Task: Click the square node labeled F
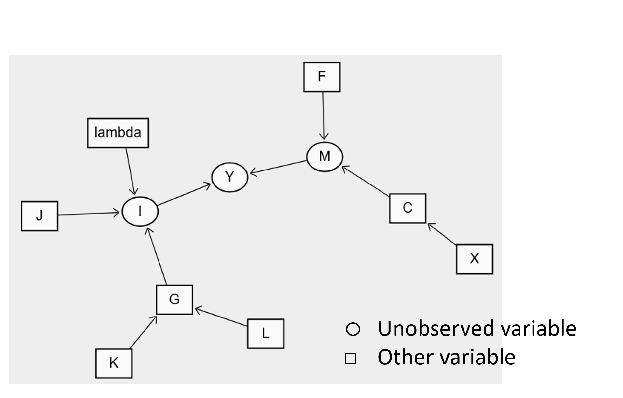pyautogui.click(x=322, y=77)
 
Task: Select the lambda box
pyautogui.click(x=118, y=133)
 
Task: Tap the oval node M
pyautogui.click(x=325, y=157)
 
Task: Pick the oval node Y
pyautogui.click(x=230, y=177)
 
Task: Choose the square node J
pyautogui.click(x=39, y=216)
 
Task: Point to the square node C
pyautogui.click(x=408, y=208)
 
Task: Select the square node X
pyautogui.click(x=475, y=259)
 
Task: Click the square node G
pyautogui.click(x=174, y=300)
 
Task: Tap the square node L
pyautogui.click(x=266, y=334)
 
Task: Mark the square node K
pyautogui.click(x=114, y=363)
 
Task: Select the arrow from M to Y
pyautogui.click(x=279, y=167)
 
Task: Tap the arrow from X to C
pyautogui.click(x=442, y=234)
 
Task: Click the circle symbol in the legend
pyautogui.click(x=353, y=330)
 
